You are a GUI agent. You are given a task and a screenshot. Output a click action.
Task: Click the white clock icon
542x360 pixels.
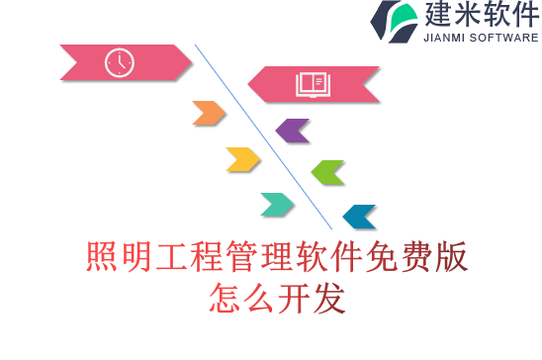(x=119, y=62)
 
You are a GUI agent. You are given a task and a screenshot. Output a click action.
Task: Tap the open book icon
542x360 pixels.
(x=312, y=84)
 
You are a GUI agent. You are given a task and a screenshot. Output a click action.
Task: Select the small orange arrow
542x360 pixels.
(x=209, y=113)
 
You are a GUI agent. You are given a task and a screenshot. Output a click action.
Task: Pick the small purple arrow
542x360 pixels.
(x=293, y=130)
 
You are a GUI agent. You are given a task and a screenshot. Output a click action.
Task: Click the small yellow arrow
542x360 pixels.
(x=242, y=158)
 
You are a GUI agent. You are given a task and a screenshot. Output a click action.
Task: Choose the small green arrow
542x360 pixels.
(x=327, y=172)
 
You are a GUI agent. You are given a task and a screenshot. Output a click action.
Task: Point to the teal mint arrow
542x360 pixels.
(x=278, y=204)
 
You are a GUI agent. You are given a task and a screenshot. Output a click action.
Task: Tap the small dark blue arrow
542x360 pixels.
(x=359, y=217)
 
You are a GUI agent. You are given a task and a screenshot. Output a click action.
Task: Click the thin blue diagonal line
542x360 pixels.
(x=263, y=136)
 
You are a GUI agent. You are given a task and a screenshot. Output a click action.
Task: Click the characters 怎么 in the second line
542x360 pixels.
(x=240, y=296)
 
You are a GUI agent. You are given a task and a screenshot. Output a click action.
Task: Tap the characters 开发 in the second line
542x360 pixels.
(x=312, y=296)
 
